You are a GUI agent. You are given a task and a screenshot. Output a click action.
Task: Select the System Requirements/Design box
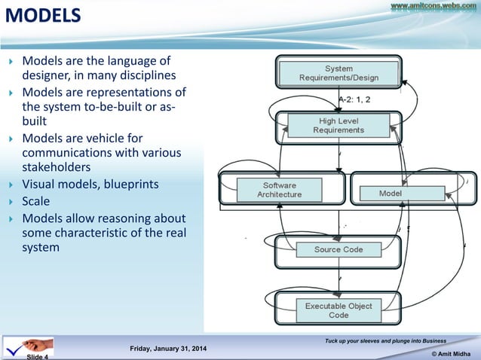(x=339, y=73)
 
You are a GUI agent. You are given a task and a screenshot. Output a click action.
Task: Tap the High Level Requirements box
(x=339, y=125)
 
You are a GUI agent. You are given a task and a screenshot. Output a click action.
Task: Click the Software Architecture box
(x=279, y=190)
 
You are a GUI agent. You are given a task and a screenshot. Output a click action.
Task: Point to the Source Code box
(x=339, y=249)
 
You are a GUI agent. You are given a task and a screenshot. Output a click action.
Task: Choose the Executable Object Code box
(x=339, y=310)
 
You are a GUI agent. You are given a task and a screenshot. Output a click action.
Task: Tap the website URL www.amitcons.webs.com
(x=433, y=6)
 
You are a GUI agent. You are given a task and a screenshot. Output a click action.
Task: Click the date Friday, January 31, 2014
(x=170, y=348)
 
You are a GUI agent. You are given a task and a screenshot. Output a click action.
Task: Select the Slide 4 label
(x=38, y=356)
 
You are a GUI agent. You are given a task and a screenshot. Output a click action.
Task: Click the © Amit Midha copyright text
(x=452, y=352)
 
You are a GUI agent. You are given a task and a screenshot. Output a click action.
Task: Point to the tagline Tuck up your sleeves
(x=384, y=341)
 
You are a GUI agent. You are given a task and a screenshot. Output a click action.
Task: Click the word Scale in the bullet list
(x=36, y=201)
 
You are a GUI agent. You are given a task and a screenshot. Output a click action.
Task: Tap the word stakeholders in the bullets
(x=54, y=167)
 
